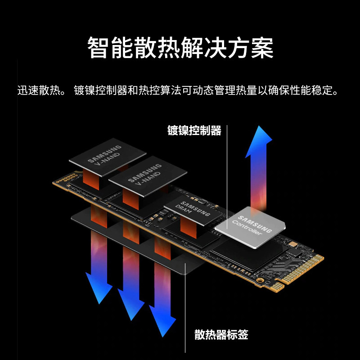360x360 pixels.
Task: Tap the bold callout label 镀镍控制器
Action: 194,131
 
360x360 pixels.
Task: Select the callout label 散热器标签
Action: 221,335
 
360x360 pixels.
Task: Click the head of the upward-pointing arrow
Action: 259,139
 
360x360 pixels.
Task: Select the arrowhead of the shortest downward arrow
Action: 99,290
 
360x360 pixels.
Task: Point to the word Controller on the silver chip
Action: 247,229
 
